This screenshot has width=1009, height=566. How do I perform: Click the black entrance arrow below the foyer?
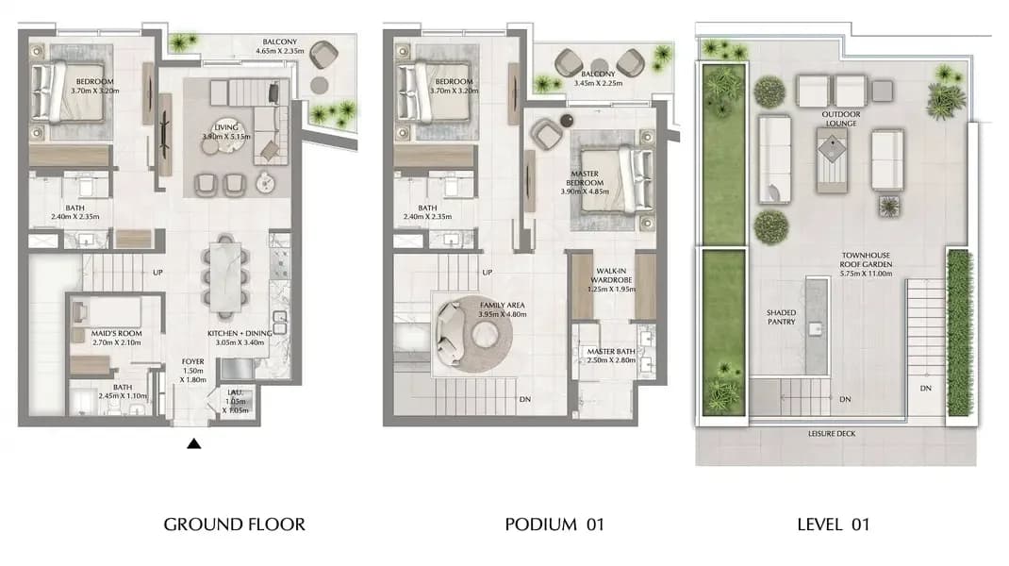coord(193,443)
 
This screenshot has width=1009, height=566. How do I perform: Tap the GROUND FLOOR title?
coord(234,524)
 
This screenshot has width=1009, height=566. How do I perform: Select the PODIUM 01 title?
coord(554,524)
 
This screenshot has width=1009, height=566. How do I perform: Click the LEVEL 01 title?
coord(834,524)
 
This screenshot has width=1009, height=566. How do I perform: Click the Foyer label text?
coord(193,362)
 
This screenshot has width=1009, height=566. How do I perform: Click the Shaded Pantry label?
coord(781,317)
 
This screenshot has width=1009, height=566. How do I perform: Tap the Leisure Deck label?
coord(832,433)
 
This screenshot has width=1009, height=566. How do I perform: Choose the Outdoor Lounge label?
coord(841,119)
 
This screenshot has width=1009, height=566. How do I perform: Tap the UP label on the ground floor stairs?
coord(157,273)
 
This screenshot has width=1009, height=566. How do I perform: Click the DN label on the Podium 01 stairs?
coord(525,399)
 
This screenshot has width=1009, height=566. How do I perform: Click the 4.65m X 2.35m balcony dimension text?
coord(280,51)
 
